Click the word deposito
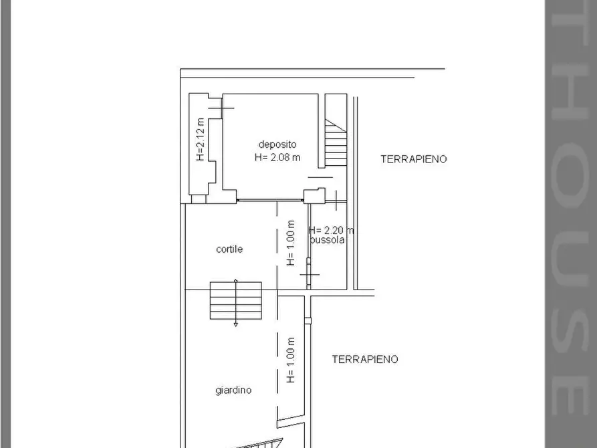tap(277, 144)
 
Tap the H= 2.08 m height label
tap(277, 158)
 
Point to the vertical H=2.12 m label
tap(200, 140)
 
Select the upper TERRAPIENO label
tap(413, 159)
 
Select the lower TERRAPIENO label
tap(365, 359)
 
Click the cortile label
tap(229, 249)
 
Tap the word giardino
tap(233, 390)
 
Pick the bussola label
tap(328, 240)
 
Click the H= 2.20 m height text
tap(331, 230)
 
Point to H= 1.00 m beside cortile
tap(290, 243)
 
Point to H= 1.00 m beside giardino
tap(290, 359)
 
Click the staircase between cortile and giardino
tap(235, 300)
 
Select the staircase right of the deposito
tap(336, 142)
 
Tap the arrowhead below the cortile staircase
tap(235, 324)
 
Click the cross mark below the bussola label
tap(309, 274)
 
